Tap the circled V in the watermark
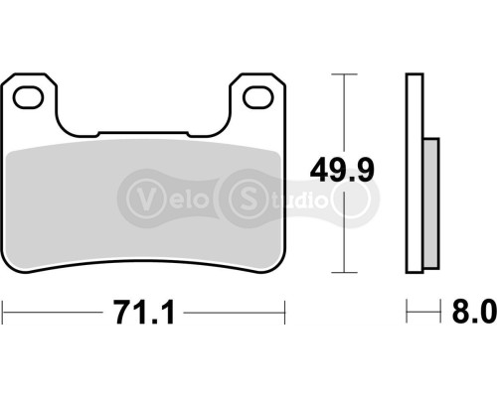[x=142, y=193]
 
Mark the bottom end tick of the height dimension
[x=344, y=272]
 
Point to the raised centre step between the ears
[x=144, y=134]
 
